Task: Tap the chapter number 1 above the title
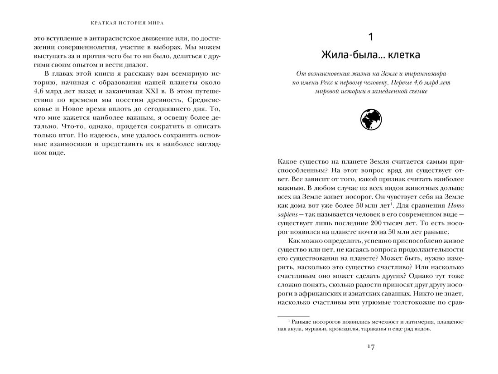pos(371,36)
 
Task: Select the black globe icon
pos(371,120)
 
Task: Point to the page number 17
pos(370,347)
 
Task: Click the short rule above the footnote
pos(293,316)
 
